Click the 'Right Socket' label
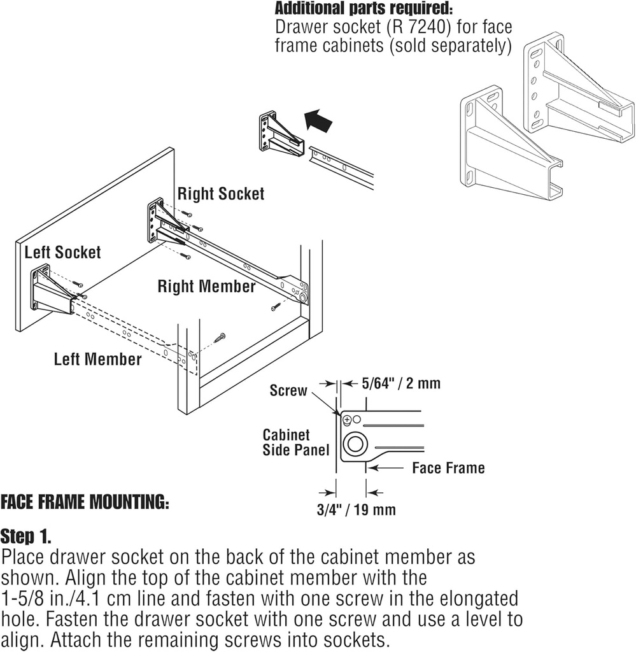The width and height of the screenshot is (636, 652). [x=220, y=194]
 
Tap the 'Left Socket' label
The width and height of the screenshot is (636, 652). [x=62, y=252]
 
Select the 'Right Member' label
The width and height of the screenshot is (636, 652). [x=206, y=287]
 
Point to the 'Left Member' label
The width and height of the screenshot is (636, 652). [x=97, y=359]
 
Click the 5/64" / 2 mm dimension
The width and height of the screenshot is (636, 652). [x=400, y=383]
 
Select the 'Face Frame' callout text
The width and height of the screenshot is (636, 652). [x=448, y=468]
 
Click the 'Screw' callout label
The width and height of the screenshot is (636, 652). [x=288, y=390]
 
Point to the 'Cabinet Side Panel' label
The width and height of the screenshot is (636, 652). [x=296, y=443]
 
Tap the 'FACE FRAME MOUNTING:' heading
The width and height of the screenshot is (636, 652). [x=85, y=502]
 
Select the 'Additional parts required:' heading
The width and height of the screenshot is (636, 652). [x=363, y=10]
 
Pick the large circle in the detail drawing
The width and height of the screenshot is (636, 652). [x=355, y=444]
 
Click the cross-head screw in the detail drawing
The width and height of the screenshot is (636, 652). [x=346, y=420]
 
